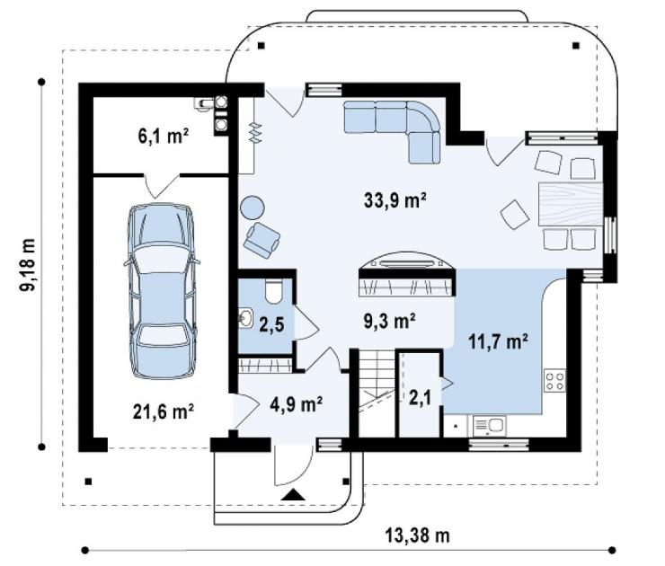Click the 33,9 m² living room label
click(395, 200)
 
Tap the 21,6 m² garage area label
click(164, 411)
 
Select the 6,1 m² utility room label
click(164, 136)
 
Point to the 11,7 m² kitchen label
click(499, 340)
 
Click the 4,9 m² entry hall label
click(296, 404)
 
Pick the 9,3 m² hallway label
click(389, 321)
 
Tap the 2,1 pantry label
click(421, 398)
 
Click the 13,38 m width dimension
click(418, 535)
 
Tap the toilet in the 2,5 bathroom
click(273, 291)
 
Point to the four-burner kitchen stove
click(554, 381)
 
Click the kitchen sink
click(489, 426)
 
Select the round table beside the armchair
click(253, 208)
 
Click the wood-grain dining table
click(571, 204)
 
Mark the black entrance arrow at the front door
click(293, 495)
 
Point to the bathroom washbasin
click(245, 318)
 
